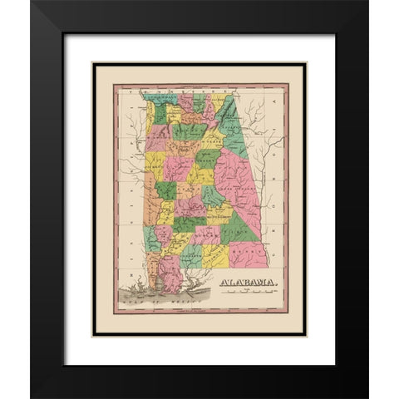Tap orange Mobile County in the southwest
150,287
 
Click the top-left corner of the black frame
32,2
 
